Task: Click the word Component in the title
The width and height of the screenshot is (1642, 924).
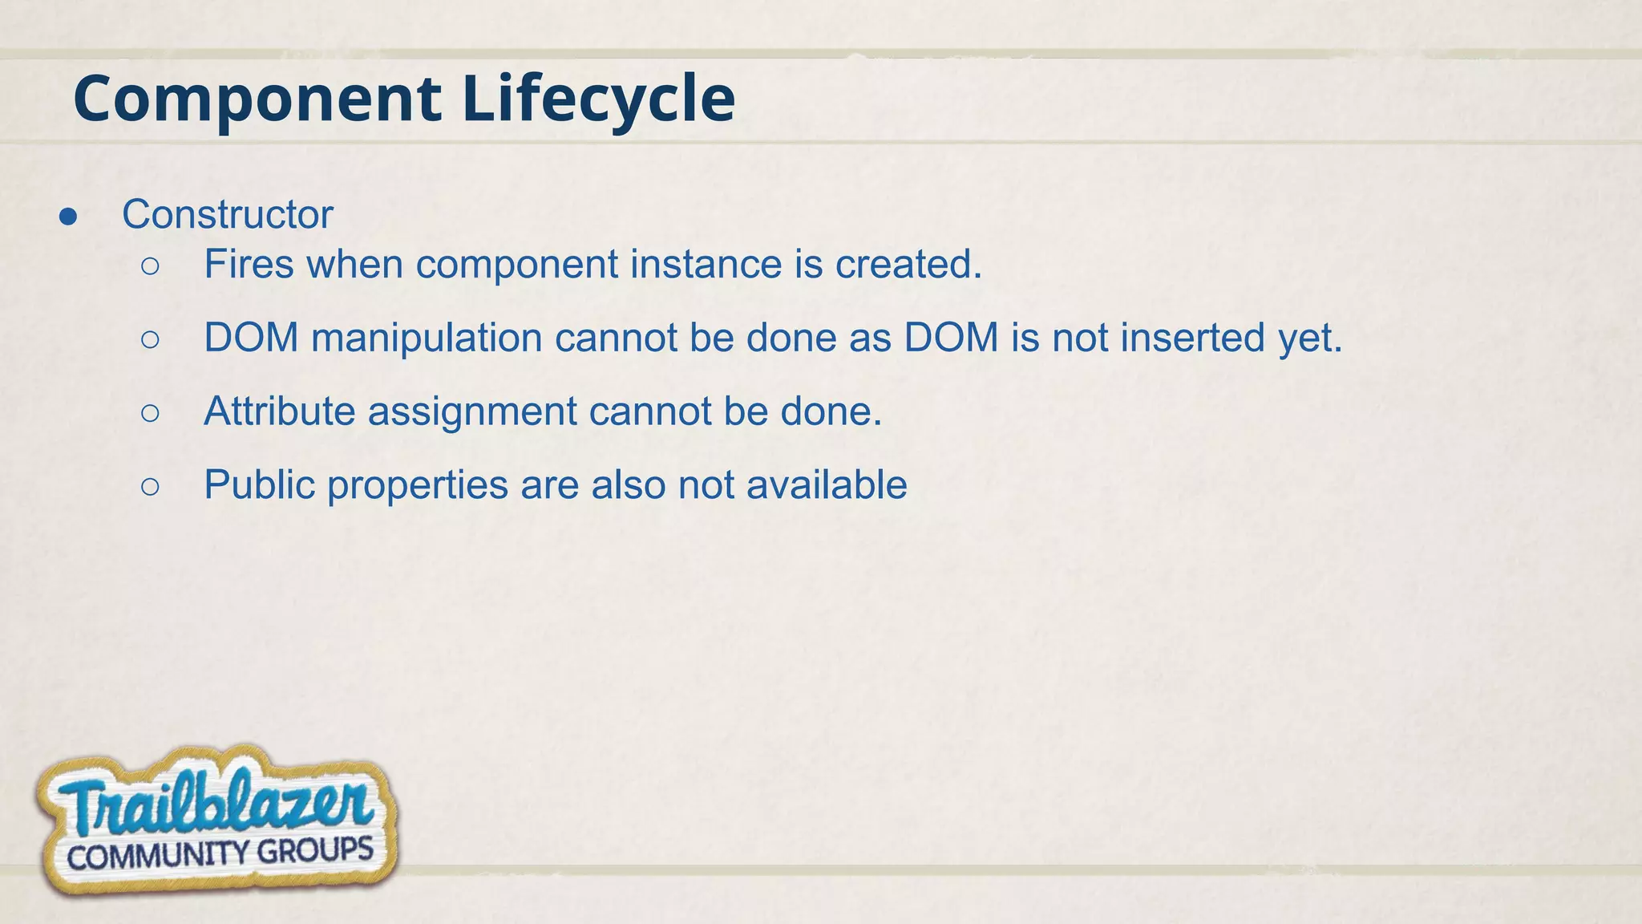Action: coord(257,99)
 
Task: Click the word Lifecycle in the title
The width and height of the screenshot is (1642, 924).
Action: coord(598,99)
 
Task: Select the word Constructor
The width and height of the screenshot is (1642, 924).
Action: coord(227,215)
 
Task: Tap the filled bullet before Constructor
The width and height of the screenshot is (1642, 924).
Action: coord(68,217)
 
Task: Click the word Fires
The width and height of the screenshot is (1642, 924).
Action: coord(249,265)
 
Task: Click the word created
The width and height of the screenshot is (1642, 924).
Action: coord(908,265)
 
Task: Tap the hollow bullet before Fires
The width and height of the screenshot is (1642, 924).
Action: coord(150,266)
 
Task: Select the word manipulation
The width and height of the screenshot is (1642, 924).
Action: coord(427,338)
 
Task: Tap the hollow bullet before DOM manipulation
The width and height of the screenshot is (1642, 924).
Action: coord(150,340)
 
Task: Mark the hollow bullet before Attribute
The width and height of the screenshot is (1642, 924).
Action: coord(150,413)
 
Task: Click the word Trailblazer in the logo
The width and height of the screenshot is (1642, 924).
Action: coord(216,804)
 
